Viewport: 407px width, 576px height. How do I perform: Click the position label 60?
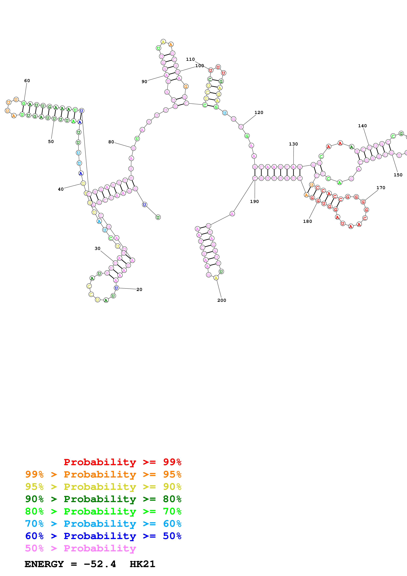point(27,80)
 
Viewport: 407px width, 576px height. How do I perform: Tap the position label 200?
point(222,300)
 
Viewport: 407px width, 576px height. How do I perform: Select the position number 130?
point(293,144)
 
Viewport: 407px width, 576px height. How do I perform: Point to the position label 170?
point(381,188)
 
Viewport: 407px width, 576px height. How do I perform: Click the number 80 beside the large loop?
point(111,142)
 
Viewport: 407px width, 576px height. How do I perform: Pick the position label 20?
point(139,289)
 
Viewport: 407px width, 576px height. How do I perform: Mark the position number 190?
point(254,201)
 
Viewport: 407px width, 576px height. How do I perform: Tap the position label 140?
point(362,126)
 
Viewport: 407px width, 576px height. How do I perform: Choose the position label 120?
point(259,112)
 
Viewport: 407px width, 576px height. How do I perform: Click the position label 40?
point(61,189)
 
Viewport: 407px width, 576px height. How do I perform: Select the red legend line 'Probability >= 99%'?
point(122,462)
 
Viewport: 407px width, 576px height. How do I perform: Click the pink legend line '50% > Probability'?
point(80,548)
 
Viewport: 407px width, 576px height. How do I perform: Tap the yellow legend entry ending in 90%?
point(103,487)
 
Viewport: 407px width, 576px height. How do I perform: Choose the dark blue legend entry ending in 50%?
point(103,536)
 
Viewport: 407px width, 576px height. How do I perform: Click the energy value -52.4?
point(100,564)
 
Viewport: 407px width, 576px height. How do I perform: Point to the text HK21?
point(143,564)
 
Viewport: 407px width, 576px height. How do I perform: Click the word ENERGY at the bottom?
point(44,564)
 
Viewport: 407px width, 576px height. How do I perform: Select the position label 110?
point(190,59)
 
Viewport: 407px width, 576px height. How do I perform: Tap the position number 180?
point(308,221)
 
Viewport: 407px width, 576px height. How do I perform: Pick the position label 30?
point(98,248)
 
